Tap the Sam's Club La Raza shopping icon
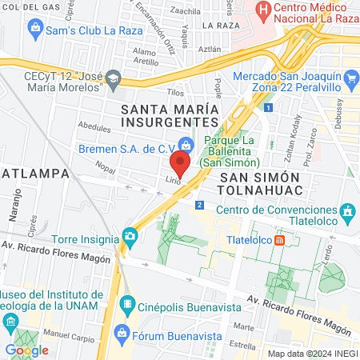point(35,30)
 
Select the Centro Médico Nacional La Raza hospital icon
point(262,11)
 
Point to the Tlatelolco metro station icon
point(278,238)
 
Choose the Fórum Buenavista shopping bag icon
point(122,331)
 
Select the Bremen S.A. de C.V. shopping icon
point(186,145)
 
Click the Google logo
point(26,350)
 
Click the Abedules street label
point(95,127)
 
